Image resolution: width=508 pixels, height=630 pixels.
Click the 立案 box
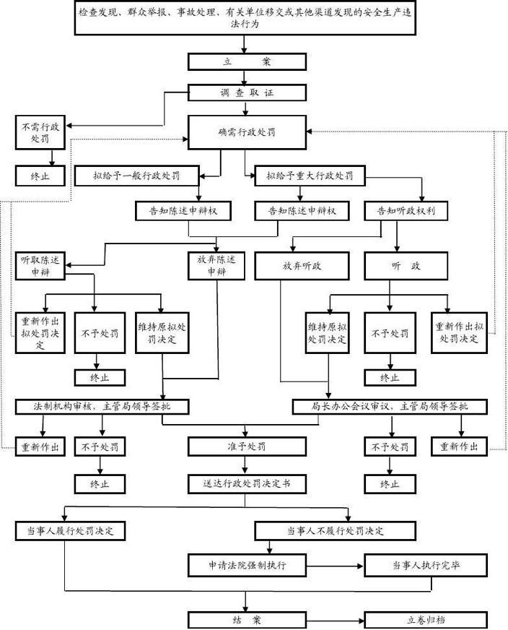point(246,62)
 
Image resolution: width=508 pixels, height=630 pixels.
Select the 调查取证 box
point(246,92)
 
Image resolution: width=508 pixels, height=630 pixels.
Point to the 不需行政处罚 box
point(40,132)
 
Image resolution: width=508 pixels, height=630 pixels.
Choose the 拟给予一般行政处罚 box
point(136,176)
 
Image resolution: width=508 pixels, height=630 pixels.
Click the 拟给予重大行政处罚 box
point(305,176)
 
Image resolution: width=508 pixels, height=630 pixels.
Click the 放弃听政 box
point(302,266)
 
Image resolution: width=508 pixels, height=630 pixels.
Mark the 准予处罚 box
point(246,446)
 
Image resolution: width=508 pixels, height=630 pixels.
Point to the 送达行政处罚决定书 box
point(246,481)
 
